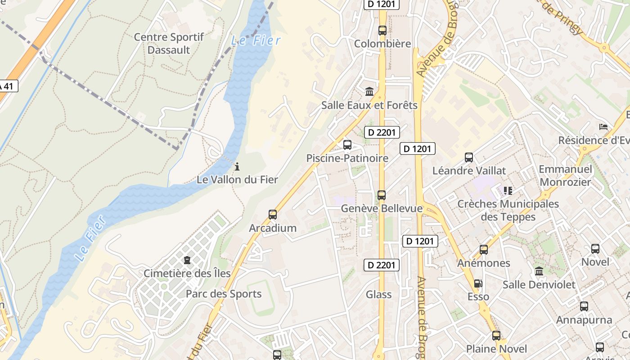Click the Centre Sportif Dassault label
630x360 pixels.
[x=169, y=44]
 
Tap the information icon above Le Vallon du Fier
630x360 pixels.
[x=237, y=167]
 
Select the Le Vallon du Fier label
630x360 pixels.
[x=237, y=180]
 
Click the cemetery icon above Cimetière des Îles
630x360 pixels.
[x=187, y=260]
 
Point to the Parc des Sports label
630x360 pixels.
[x=224, y=294]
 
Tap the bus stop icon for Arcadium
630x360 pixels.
[x=273, y=215]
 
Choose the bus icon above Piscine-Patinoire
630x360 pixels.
[x=347, y=145]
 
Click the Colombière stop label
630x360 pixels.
[x=382, y=44]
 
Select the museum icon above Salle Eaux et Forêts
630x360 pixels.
[x=369, y=92]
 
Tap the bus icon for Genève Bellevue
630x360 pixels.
[x=382, y=195]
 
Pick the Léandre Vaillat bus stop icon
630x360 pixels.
[x=469, y=157]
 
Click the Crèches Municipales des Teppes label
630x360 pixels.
[x=508, y=210]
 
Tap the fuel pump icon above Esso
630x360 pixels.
[x=478, y=283]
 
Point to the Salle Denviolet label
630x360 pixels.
[x=539, y=285]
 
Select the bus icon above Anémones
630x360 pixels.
[x=484, y=250]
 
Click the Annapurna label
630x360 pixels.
[x=584, y=320]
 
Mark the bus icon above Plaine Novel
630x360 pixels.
[x=496, y=336]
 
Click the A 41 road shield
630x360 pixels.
[x=8, y=85]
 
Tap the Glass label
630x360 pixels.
[x=378, y=295]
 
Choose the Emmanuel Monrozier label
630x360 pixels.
[x=566, y=175]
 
